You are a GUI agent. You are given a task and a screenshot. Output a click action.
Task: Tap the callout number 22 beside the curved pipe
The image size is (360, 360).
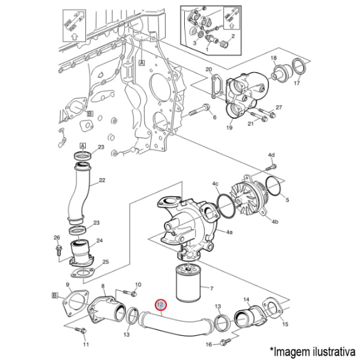[x=101, y=180]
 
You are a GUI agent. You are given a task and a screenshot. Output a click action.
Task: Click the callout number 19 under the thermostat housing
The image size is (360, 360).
[x=229, y=128]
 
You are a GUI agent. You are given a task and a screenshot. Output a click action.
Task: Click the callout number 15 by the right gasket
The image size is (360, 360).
[x=285, y=324]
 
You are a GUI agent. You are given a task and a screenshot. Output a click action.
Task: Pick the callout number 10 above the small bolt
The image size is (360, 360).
[x=138, y=284]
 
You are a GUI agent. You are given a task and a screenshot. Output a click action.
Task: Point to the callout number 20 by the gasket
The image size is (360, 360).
[x=209, y=70]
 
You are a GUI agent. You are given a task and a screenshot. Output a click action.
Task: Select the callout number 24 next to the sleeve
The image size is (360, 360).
[x=100, y=241]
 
